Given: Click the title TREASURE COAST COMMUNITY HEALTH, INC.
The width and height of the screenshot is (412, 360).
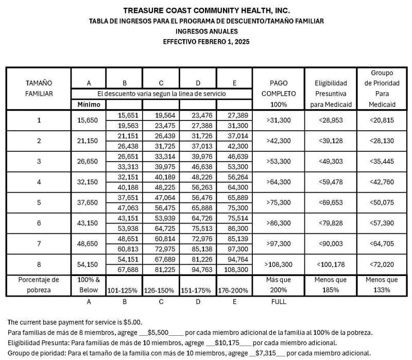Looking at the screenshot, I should click(206, 10).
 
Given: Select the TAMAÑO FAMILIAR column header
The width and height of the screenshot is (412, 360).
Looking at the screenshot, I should click(39, 88).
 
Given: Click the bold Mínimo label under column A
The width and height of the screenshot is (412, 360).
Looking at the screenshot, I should click(89, 105).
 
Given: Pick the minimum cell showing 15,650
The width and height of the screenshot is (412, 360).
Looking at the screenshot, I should click(89, 121).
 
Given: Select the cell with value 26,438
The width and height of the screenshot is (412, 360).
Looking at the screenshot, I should click(124, 146).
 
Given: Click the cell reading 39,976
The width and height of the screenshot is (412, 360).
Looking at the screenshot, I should click(198, 157).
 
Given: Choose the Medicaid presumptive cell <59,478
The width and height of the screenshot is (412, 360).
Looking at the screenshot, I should click(330, 182).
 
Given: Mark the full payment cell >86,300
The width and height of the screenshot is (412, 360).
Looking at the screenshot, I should click(278, 224).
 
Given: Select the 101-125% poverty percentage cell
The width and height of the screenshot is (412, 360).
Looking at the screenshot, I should click(124, 290).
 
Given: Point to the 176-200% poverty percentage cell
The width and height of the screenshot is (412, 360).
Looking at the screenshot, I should click(235, 290).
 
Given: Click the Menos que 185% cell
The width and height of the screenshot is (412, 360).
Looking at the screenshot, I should click(330, 285).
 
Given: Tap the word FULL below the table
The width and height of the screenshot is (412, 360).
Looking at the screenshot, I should click(278, 301).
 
